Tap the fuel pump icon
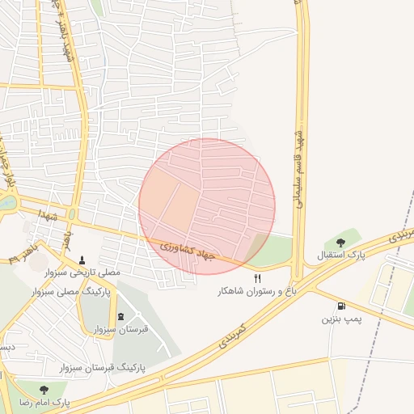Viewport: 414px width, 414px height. (x=342, y=306)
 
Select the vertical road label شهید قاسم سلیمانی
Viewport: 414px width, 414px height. (x=297, y=166)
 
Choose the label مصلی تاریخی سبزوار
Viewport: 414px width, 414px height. (x=82, y=272)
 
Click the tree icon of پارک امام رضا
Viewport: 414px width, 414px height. (x=43, y=389)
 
